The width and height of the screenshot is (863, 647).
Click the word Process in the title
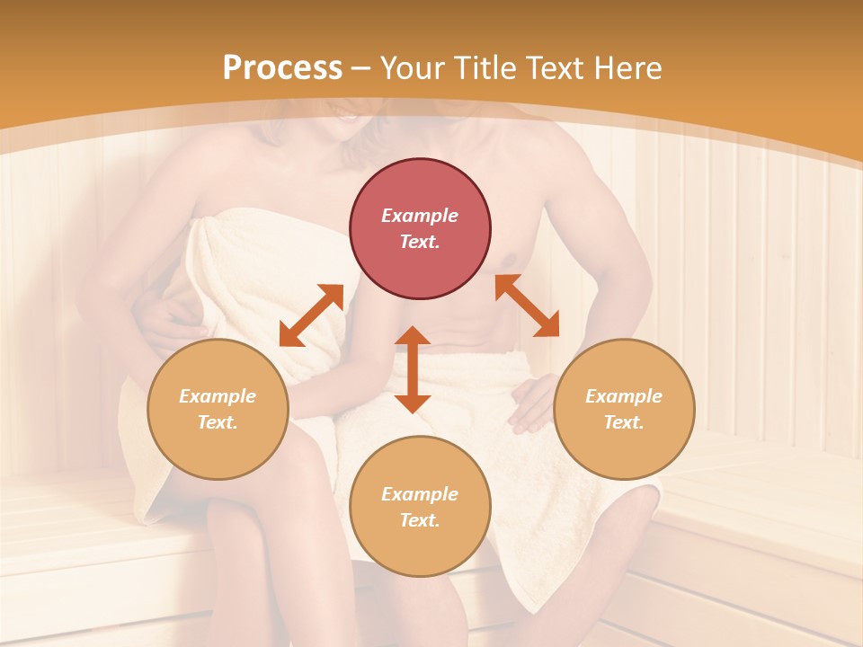coord(282,68)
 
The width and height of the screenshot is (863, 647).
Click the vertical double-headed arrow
coord(413,370)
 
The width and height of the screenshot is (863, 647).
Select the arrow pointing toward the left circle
coord(311,315)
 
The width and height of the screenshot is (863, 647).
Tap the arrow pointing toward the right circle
coord(527,306)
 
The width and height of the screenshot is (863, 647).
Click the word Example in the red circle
coord(420,216)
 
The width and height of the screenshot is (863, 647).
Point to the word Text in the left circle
coord(218,422)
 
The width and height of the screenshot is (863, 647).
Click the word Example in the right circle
coord(624,396)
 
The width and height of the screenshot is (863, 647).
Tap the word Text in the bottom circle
coord(420,520)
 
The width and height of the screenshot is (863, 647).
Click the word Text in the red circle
coord(420,242)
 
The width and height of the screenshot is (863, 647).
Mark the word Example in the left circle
coord(218,396)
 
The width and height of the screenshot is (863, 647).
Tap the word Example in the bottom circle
coord(420,494)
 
